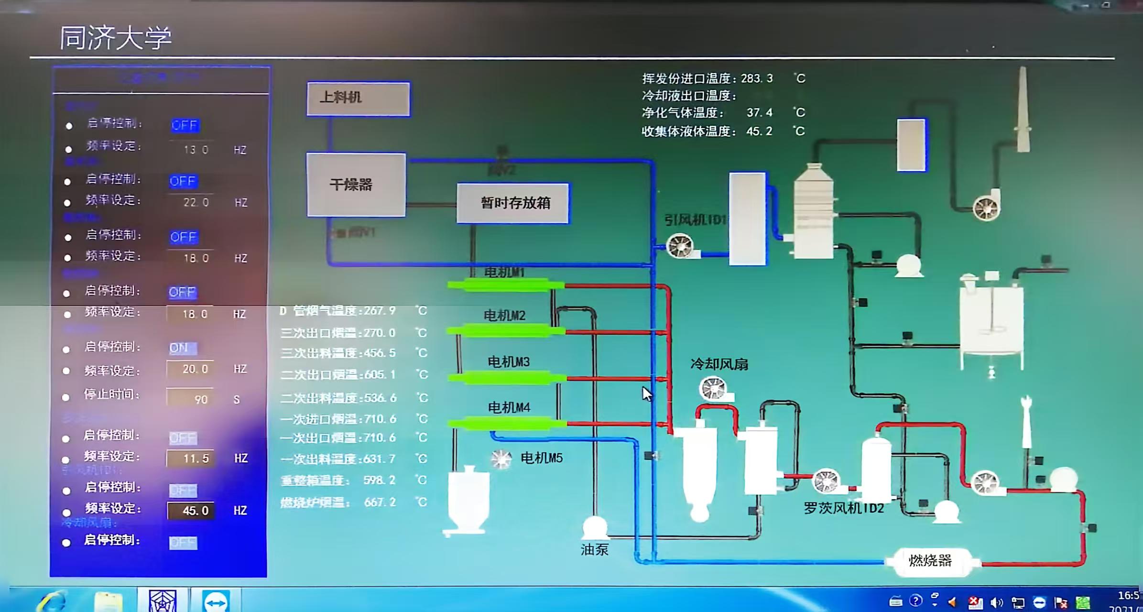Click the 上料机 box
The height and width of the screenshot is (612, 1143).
(358, 99)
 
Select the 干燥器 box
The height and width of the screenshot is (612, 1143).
(356, 185)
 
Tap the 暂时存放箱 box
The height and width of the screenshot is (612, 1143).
(512, 203)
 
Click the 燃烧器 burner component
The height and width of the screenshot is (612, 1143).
(930, 560)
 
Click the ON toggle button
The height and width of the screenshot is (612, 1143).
(182, 348)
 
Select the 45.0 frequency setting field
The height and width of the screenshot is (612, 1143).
(191, 511)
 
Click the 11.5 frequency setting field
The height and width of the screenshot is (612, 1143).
(191, 459)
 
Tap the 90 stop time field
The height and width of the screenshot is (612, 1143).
(190, 398)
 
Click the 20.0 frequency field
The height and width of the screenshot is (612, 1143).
(190, 369)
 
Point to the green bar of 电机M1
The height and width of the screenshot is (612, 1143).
(505, 285)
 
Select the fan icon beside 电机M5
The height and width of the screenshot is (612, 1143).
(501, 459)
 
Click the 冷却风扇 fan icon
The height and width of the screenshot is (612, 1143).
(713, 388)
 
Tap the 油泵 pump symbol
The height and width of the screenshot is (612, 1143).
(595, 527)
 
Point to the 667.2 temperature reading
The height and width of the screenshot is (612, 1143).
(380, 502)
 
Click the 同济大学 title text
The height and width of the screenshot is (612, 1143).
(115, 38)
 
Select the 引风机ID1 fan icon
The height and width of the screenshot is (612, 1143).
(679, 245)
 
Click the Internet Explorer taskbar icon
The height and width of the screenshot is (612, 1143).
(53, 601)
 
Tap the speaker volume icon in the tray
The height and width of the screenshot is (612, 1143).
(996, 602)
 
